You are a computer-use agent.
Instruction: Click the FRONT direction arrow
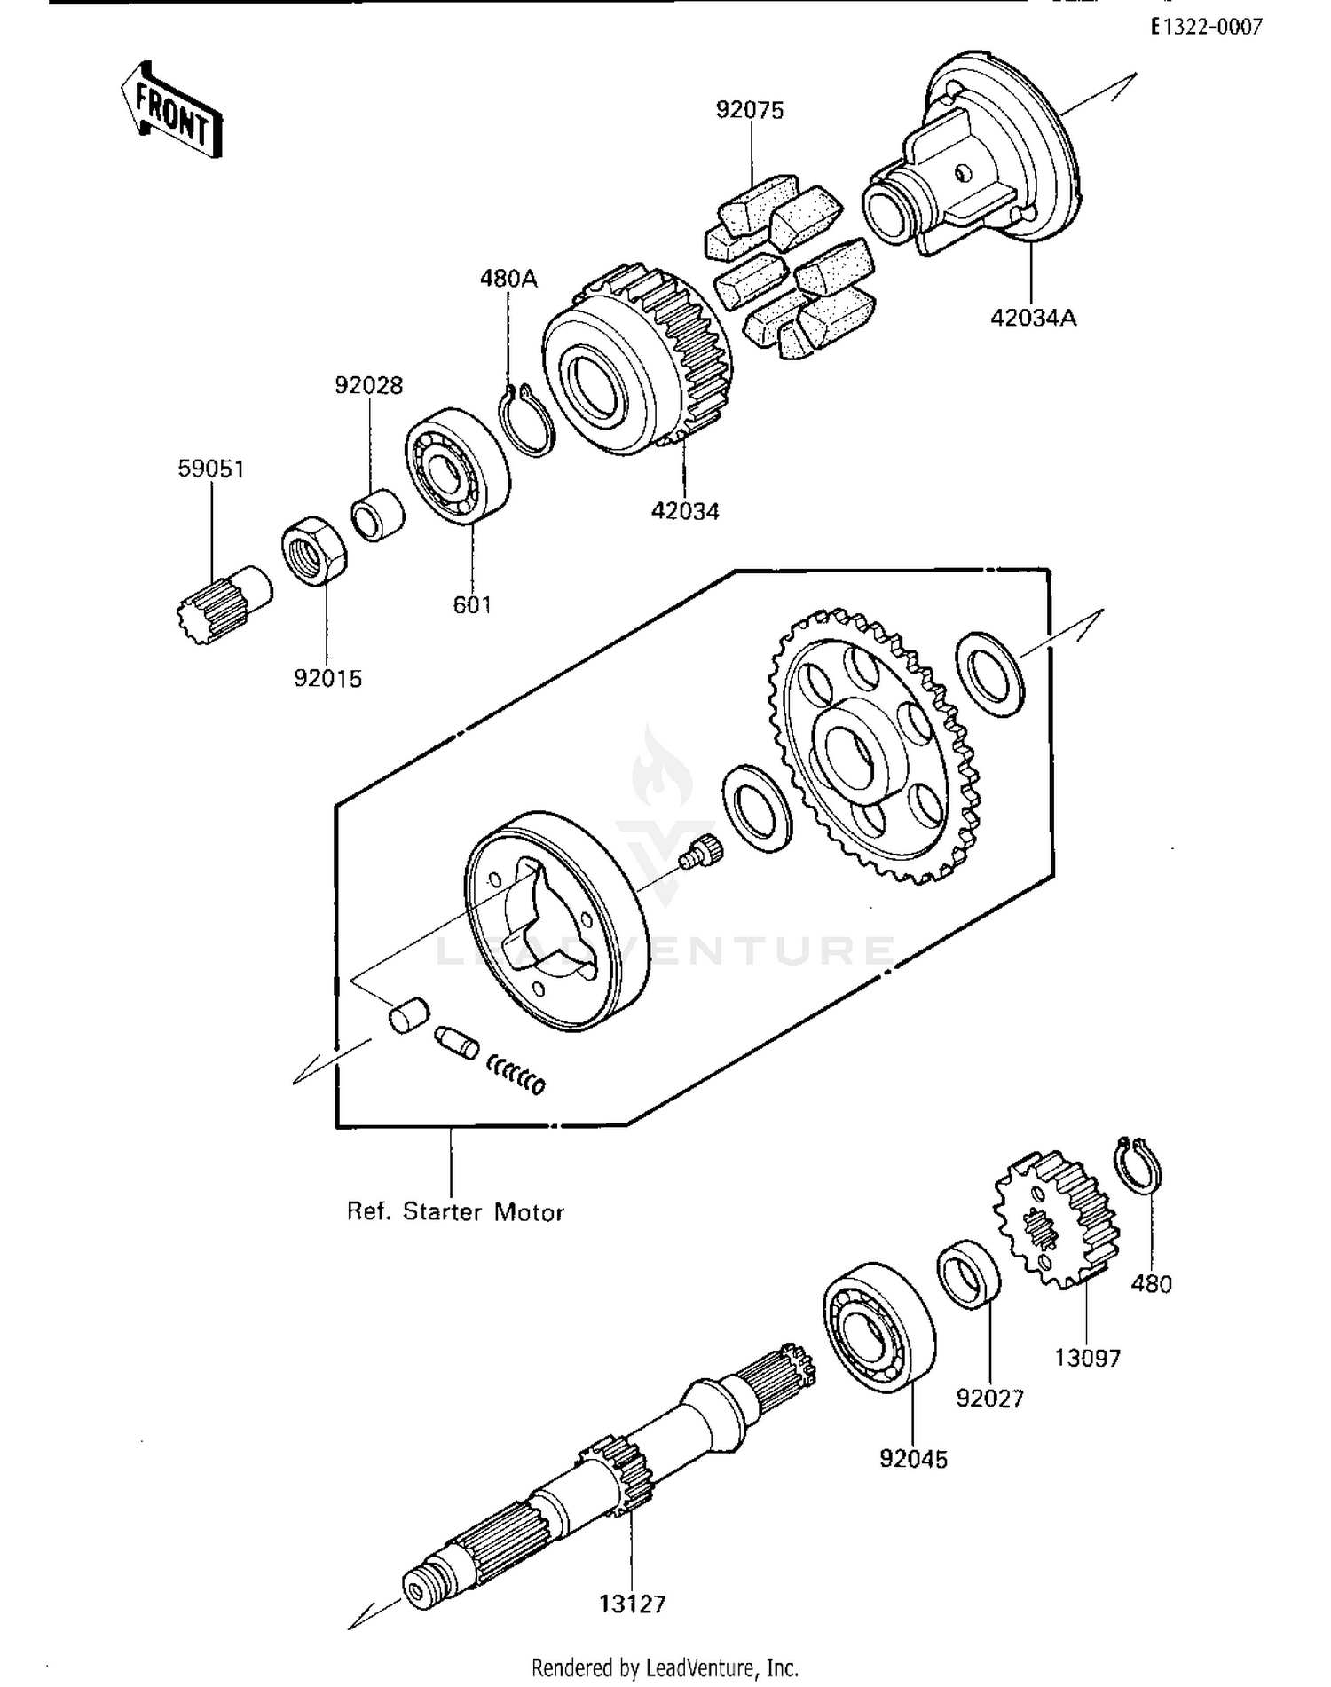172,112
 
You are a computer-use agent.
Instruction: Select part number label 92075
750,110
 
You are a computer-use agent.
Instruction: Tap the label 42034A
1033,317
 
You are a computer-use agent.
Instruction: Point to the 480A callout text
508,279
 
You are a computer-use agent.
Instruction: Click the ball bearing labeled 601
458,465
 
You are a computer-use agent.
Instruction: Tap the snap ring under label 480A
527,420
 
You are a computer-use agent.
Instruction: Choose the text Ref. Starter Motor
455,1211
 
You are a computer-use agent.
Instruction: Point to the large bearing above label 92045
878,1327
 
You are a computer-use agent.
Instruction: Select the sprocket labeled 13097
1056,1218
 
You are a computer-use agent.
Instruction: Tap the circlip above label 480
1138,1164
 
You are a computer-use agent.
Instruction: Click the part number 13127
632,1604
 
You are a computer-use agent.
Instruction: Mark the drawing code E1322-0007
1207,28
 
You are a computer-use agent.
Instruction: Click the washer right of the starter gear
989,674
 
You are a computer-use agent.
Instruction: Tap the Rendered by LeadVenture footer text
665,1667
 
